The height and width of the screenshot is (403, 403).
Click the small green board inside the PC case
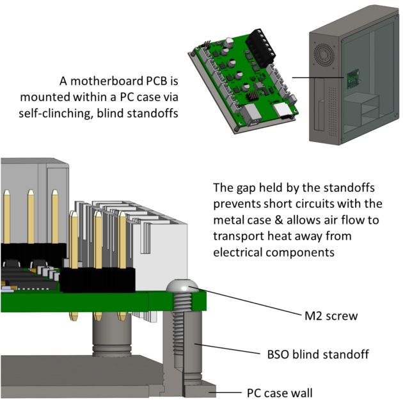pos(352,80)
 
